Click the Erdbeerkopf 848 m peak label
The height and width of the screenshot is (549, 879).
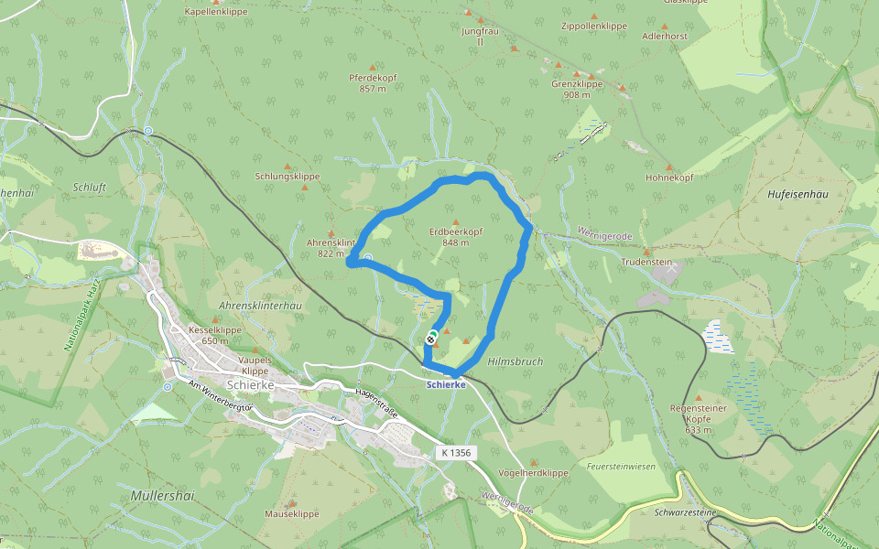455,237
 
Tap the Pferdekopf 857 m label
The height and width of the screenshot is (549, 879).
373,83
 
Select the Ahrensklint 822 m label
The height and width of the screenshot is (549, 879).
331,248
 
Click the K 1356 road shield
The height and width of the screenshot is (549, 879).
455,453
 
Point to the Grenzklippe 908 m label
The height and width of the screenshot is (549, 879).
577,89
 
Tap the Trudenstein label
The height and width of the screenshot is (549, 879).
646,263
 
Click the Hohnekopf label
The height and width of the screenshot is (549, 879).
669,178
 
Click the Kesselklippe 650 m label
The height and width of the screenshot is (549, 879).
214,335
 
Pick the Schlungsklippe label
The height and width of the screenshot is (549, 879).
288,176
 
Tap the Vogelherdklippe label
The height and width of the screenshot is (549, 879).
534,473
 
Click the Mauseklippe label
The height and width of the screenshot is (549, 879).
291,514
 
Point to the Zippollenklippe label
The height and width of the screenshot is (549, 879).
594,27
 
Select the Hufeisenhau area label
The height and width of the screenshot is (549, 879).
797,195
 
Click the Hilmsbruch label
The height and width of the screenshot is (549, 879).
515,361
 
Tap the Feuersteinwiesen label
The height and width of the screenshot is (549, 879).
621,467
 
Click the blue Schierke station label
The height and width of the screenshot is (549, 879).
446,385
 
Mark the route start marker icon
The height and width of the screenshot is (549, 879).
430,338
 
